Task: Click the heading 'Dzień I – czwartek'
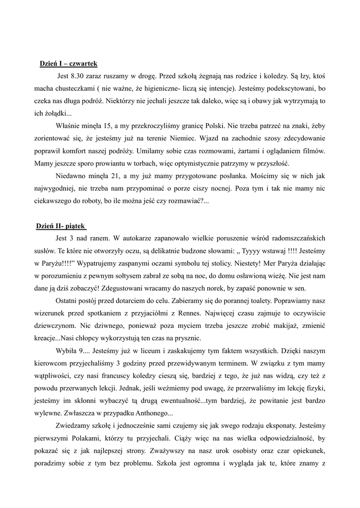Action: coord(69,64)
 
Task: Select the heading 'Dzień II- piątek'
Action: coord(62,226)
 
